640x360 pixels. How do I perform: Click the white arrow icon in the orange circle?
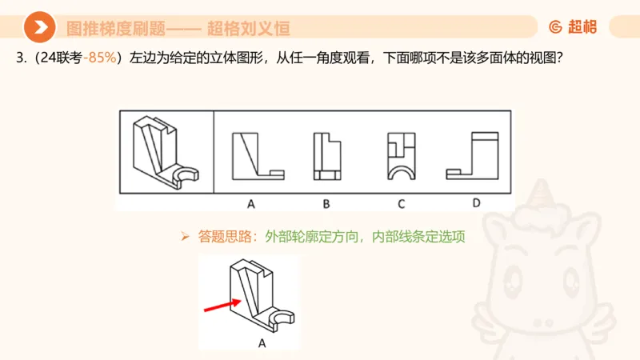click(x=38, y=28)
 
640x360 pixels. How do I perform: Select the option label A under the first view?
click(x=250, y=204)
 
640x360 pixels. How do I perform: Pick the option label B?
click(x=326, y=204)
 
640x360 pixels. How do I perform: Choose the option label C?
click(x=402, y=204)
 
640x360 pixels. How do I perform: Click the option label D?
click(x=476, y=203)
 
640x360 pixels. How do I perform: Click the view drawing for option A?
click(x=256, y=156)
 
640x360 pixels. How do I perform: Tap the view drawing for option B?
click(x=328, y=157)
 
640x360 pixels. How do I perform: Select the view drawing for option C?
click(x=402, y=157)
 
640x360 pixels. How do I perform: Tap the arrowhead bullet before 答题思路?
click(x=184, y=237)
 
